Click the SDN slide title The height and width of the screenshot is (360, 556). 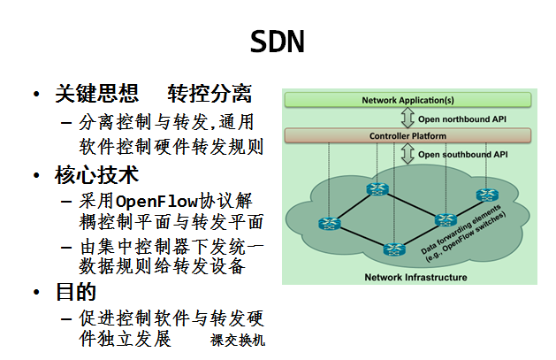(278, 42)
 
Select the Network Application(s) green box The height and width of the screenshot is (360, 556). (407, 100)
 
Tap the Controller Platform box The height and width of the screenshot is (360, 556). (407, 136)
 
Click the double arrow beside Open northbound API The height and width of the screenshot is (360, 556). (407, 119)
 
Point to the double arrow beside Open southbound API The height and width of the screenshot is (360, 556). (407, 154)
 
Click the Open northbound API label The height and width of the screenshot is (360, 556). (462, 119)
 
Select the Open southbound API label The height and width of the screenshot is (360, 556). (462, 155)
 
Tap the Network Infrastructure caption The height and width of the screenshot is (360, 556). (415, 277)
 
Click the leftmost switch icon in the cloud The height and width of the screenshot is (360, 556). (330, 224)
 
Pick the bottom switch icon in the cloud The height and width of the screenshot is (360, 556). (394, 249)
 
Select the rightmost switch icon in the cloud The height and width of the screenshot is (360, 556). (487, 195)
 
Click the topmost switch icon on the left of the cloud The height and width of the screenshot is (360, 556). (377, 189)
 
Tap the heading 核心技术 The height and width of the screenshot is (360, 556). (96, 175)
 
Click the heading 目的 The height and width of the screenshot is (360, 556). (76, 292)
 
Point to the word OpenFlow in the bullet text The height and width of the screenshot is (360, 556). (156, 202)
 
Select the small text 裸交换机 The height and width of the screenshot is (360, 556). (238, 341)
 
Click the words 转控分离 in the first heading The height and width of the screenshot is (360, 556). (209, 94)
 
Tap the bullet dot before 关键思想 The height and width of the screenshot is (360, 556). (36, 95)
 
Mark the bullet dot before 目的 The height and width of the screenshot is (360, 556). (36, 292)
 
